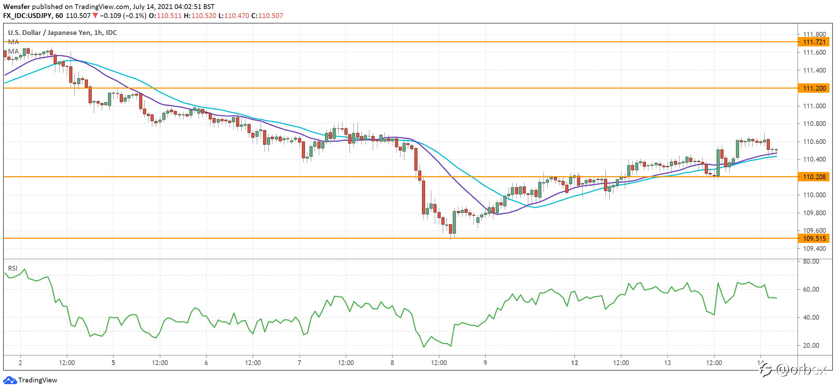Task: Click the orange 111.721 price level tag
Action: (814, 42)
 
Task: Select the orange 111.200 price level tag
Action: (814, 88)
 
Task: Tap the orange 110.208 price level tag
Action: (814, 177)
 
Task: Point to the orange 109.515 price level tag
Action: (814, 238)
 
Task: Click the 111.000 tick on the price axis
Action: (814, 106)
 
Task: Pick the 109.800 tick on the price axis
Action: (814, 213)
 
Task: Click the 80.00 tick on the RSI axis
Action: (811, 262)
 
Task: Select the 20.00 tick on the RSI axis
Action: (811, 345)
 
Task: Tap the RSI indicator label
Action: (13, 268)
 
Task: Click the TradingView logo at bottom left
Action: (30, 380)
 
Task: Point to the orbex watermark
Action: (793, 370)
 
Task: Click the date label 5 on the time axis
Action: (113, 363)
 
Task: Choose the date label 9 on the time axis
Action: (485, 363)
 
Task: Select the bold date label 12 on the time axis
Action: (575, 363)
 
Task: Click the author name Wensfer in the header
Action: (17, 7)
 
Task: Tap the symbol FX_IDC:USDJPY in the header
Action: (27, 16)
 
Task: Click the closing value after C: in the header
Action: (271, 16)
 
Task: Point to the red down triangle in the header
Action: (95, 16)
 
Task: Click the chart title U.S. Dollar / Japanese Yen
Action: (50, 33)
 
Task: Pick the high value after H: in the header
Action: (204, 16)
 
